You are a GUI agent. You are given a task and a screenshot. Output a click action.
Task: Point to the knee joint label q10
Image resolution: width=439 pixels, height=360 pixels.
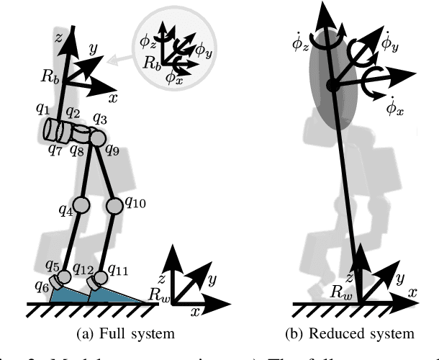(x=135, y=204)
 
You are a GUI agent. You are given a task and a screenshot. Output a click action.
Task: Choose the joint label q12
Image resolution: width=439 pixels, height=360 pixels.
(x=84, y=270)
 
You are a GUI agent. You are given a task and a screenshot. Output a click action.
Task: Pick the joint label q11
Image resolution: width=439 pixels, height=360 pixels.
(x=117, y=270)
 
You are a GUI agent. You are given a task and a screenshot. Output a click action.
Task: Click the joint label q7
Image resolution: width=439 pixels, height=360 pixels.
(x=55, y=149)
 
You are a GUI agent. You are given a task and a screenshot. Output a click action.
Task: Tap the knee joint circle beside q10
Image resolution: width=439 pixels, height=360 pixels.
(x=114, y=207)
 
